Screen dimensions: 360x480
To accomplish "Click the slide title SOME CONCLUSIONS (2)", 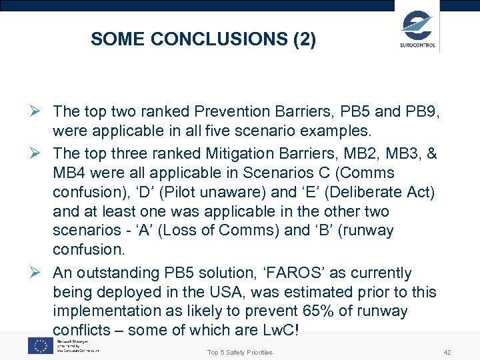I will click(x=203, y=39).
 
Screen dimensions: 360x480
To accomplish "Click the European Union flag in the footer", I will click(x=41, y=345).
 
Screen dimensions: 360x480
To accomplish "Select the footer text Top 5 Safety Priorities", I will click(x=240, y=352).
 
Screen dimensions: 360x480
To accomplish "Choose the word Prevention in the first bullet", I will click(x=223, y=110).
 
